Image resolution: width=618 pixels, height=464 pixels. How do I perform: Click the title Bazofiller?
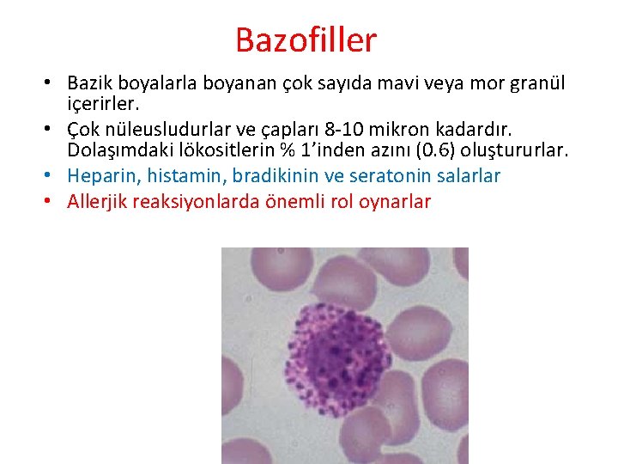(x=306, y=40)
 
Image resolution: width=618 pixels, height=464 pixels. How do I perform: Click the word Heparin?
(x=98, y=176)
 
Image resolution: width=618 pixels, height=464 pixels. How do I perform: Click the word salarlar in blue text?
(x=468, y=176)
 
